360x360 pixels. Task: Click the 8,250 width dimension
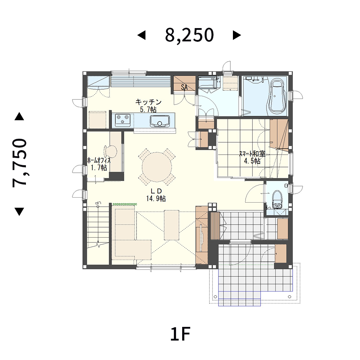[189, 35]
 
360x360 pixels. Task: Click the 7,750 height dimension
[20, 163]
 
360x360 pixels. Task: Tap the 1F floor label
[180, 334]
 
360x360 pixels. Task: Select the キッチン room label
[148, 102]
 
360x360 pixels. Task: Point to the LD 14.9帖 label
[156, 195]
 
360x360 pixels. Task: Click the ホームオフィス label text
[99, 160]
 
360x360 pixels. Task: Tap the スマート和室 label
[252, 154]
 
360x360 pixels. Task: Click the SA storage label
[184, 87]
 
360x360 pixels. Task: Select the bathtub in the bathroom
[278, 96]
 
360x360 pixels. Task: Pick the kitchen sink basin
[160, 121]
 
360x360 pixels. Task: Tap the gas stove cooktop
[122, 120]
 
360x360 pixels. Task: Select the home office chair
[111, 151]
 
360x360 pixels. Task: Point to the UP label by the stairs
[98, 203]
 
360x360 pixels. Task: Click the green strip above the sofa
[125, 204]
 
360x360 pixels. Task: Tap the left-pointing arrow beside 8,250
[141, 35]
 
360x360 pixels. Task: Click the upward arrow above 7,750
[19, 116]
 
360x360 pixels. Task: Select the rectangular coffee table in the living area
[171, 225]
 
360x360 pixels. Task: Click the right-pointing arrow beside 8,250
[237, 35]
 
